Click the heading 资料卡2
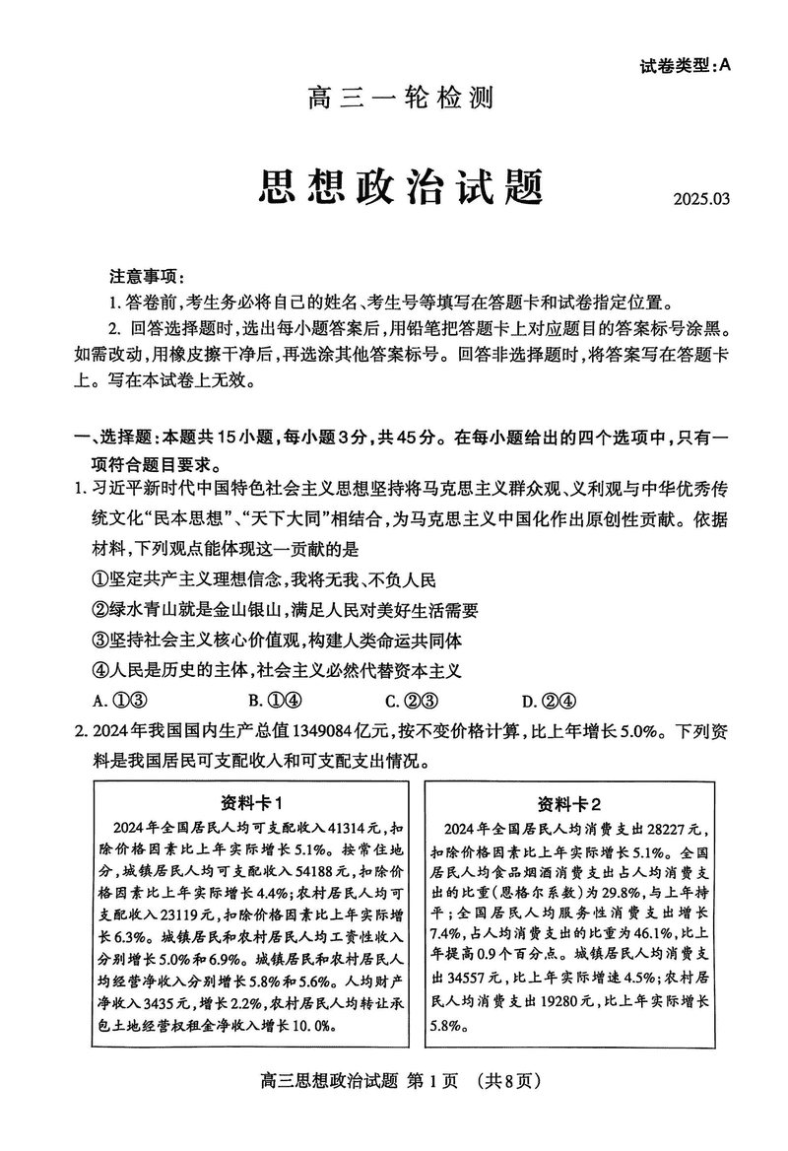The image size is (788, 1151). click(569, 801)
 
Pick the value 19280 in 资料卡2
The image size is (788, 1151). click(582, 1002)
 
